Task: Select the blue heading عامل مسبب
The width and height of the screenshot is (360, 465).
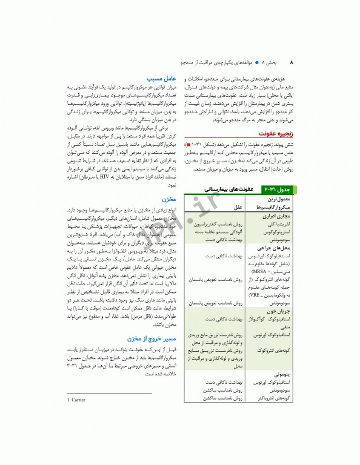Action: [x=162, y=78]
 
